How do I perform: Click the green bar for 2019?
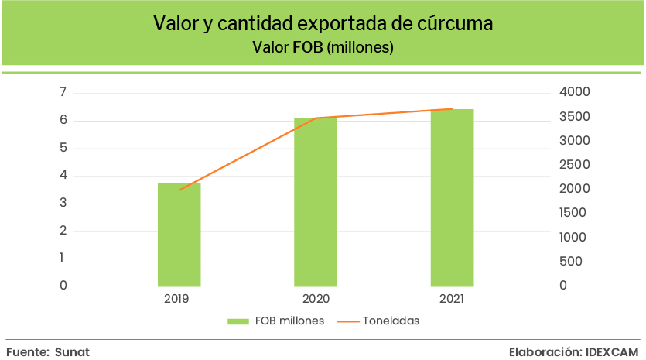click(x=179, y=235)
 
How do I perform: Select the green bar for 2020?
click(x=316, y=202)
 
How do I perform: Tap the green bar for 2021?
click(x=452, y=198)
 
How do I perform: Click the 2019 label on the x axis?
click(x=179, y=298)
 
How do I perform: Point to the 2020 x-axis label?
click(x=316, y=298)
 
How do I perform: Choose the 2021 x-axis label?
click(x=452, y=298)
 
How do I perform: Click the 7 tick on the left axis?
click(x=63, y=93)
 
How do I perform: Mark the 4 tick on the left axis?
click(x=63, y=176)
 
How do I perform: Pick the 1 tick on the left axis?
click(x=63, y=259)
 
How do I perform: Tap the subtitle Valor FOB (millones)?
click(x=323, y=48)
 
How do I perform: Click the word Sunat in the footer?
click(x=72, y=351)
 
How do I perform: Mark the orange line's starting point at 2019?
click(x=179, y=190)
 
